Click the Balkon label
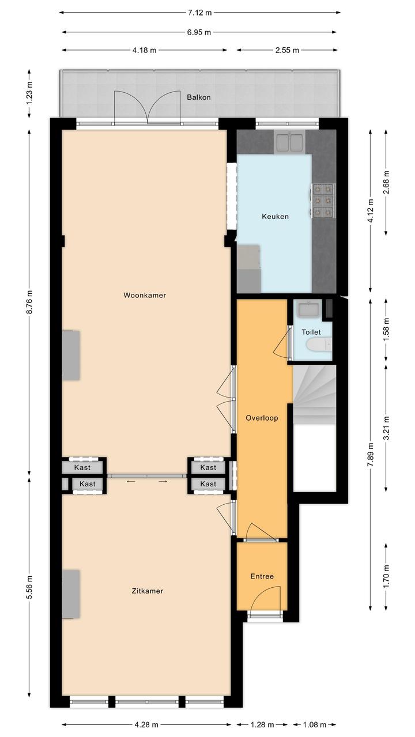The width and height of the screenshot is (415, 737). pos(198,97)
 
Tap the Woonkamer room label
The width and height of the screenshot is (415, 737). pos(145,295)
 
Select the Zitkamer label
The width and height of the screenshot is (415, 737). pos(147,591)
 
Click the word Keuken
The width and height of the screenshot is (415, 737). pos(275,217)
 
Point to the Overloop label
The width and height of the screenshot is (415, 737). pos(262,418)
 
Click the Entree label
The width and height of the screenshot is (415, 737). pos(262,576)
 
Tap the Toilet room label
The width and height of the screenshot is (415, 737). pos(311,332)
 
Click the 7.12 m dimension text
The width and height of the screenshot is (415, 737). pos(199,13)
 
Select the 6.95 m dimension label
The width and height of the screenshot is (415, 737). pos(199,32)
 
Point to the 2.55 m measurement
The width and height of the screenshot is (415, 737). pos(287,50)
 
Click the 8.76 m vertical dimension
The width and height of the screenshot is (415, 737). pos(29,302)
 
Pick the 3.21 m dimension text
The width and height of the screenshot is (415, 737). pos(386,428)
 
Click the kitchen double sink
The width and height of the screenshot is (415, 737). pos(289,142)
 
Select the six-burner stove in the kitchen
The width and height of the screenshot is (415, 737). pos(323,201)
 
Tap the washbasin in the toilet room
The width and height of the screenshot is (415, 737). pos(308,309)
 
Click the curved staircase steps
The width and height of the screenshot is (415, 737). pos(314,394)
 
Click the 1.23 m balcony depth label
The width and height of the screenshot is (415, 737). pos(29,93)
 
